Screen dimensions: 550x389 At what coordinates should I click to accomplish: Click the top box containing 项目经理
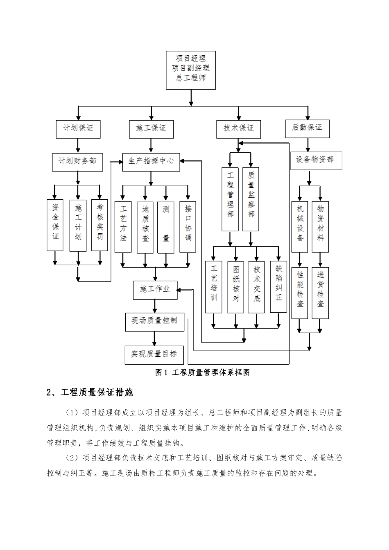(190, 70)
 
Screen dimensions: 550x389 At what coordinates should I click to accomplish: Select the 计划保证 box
(78, 128)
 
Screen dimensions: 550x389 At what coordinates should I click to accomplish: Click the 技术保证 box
(238, 128)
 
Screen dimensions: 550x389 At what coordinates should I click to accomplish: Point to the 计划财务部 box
(77, 161)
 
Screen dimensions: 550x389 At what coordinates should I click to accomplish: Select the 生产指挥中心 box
(151, 161)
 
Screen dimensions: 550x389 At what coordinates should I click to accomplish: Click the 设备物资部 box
(316, 160)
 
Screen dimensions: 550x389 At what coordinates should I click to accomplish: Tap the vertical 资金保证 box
(55, 225)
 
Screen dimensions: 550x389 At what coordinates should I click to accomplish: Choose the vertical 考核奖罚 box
(100, 225)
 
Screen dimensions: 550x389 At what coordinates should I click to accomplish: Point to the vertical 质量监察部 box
(251, 198)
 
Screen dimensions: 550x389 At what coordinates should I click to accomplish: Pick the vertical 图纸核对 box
(235, 287)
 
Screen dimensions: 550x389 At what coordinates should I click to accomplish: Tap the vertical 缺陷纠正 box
(278, 287)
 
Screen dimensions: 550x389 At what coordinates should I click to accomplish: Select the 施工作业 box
(155, 290)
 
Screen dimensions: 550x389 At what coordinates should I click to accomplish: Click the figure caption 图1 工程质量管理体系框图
(202, 372)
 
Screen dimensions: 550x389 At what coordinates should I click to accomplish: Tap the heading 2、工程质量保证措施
(90, 392)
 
